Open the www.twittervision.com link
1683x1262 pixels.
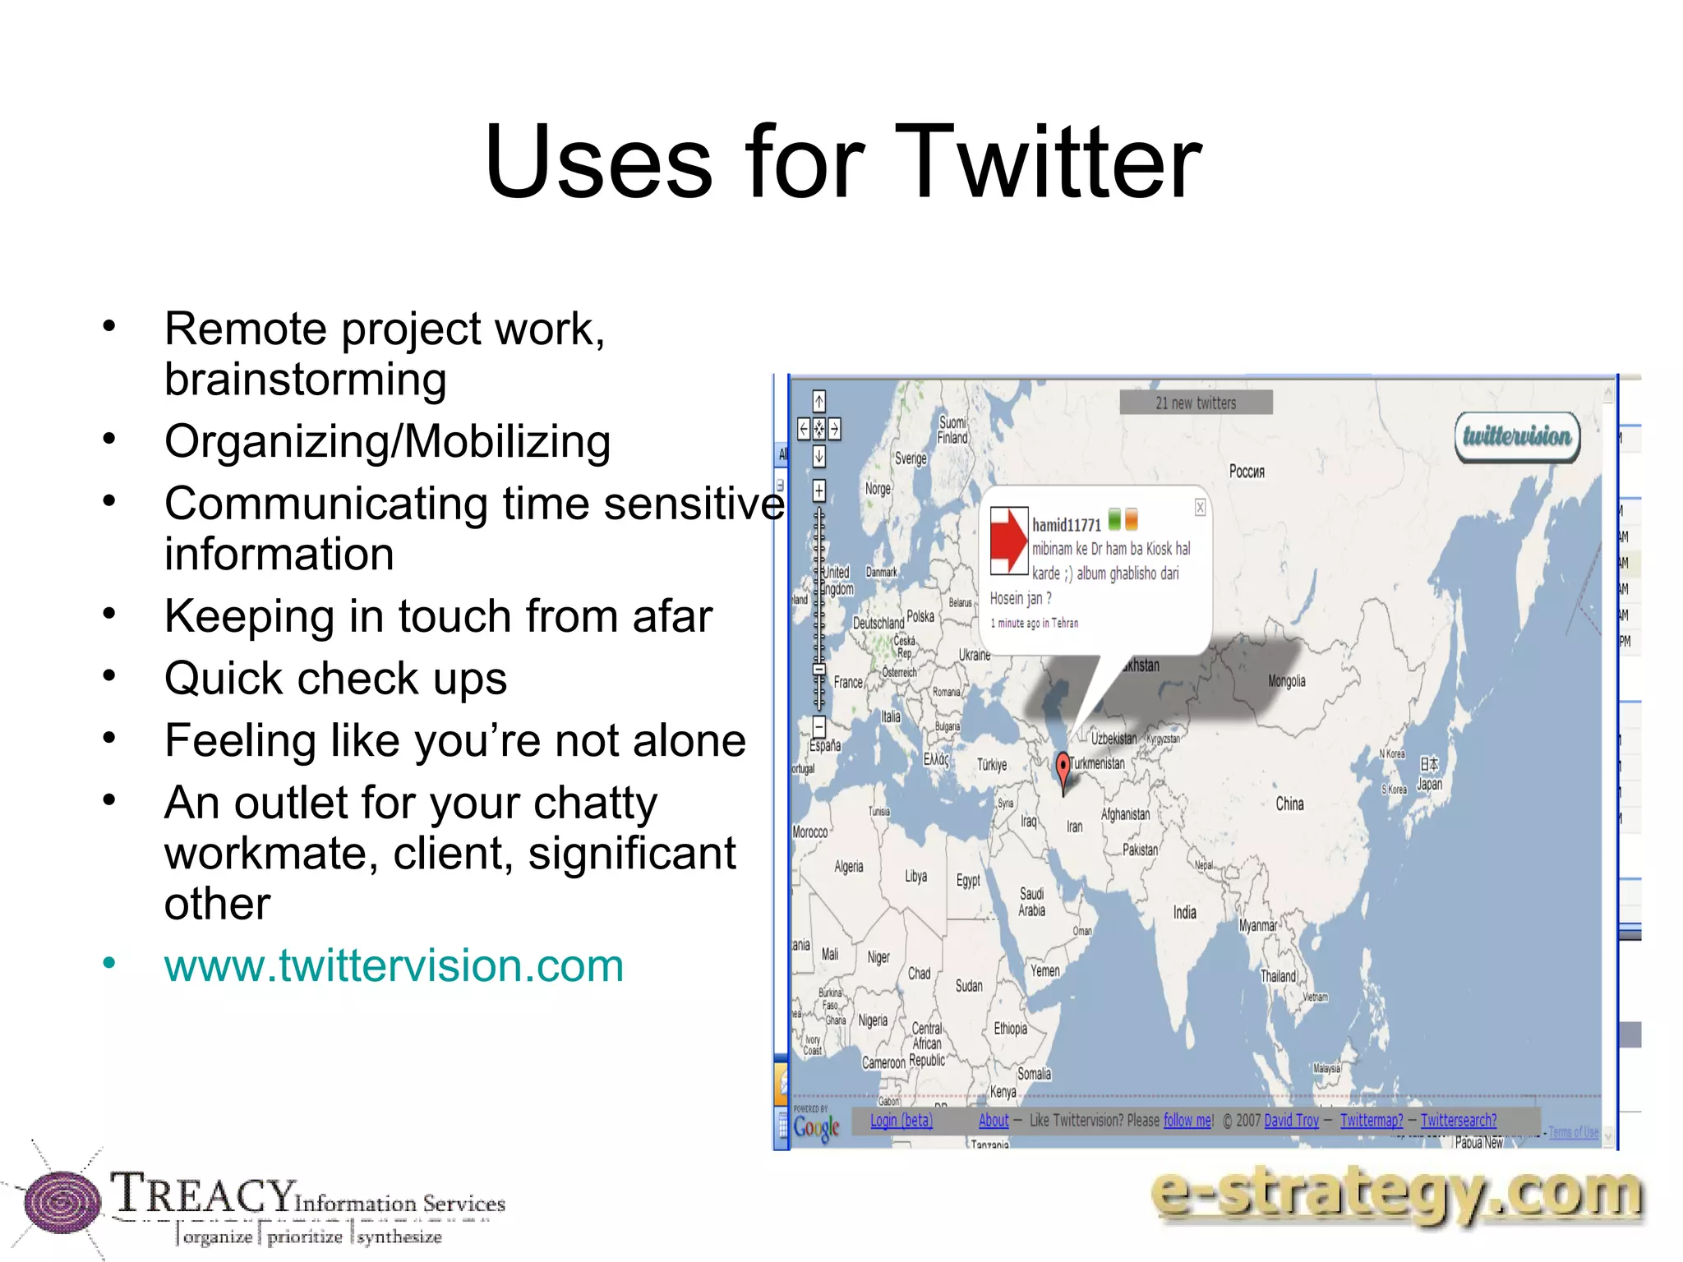point(394,965)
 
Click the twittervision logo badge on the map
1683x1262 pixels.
point(1517,436)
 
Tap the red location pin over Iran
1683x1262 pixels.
point(1063,767)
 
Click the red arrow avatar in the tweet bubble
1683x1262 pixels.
point(1008,539)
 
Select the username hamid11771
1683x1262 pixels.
point(1066,525)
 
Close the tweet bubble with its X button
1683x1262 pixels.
point(1200,508)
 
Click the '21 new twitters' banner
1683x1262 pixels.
point(1196,403)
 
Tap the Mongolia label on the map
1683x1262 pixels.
point(1286,681)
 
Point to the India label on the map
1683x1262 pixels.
point(1184,912)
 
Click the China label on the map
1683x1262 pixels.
point(1289,804)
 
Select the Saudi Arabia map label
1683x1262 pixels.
point(1031,901)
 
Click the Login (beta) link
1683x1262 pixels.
point(901,1121)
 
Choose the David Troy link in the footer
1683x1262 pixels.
point(1291,1121)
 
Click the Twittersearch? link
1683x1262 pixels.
point(1458,1121)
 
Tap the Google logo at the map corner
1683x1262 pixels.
point(816,1127)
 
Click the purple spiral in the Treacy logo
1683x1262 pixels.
point(61,1203)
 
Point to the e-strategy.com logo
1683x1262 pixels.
point(1396,1195)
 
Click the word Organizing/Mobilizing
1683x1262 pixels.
point(387,441)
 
